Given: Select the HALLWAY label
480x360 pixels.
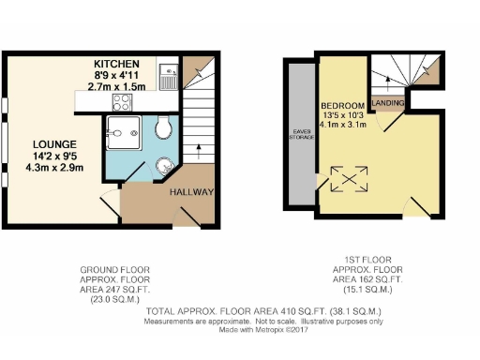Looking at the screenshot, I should [x=192, y=193].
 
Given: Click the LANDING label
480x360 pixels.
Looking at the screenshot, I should [x=388, y=102].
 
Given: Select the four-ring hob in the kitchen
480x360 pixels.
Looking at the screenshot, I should [x=125, y=102].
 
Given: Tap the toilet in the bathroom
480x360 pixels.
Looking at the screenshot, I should [x=165, y=127].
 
